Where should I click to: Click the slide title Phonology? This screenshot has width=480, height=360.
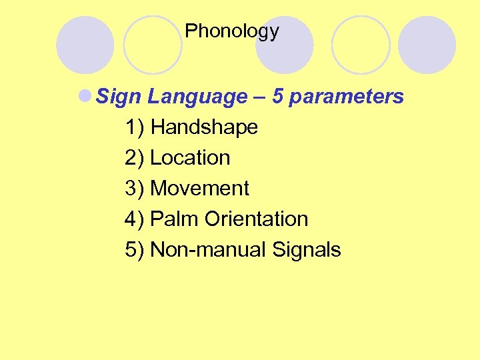click(x=232, y=31)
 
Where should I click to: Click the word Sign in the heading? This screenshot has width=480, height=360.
click(x=119, y=97)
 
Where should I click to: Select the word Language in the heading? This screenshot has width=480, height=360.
click(x=197, y=97)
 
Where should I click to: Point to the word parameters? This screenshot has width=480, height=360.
click(x=347, y=97)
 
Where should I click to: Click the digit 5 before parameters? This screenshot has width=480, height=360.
click(x=278, y=97)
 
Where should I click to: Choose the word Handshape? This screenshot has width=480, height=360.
click(x=204, y=127)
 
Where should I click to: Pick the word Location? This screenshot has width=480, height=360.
click(x=190, y=158)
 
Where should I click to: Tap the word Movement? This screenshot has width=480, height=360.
click(x=199, y=189)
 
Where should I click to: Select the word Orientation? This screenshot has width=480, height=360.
click(x=257, y=219)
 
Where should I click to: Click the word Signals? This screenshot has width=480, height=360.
click(x=307, y=250)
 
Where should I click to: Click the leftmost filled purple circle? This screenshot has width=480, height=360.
click(x=85, y=45)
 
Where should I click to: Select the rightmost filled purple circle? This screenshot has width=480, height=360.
click(x=427, y=45)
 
